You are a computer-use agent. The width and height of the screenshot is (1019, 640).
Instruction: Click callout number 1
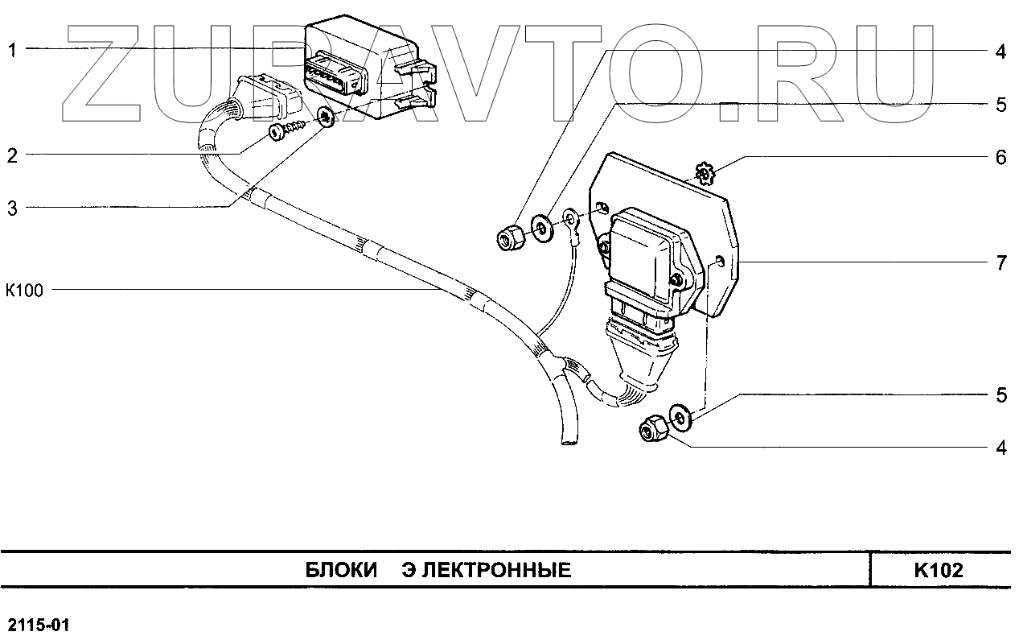point(13,50)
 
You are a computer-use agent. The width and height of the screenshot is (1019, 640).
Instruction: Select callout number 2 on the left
point(13,155)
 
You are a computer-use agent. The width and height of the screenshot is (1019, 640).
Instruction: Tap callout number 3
point(13,209)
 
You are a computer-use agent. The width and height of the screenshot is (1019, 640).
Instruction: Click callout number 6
point(1001,158)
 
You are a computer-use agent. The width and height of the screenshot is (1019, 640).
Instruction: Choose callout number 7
point(1001,263)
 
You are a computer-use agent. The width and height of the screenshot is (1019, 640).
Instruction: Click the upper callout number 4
point(1001,52)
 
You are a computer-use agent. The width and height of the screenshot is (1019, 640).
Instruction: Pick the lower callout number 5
point(1001,395)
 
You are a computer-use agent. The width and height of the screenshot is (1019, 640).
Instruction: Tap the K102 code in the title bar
point(938,571)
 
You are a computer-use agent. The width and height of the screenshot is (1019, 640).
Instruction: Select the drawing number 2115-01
point(39,625)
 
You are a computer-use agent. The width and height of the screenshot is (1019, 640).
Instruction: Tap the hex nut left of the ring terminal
point(509,237)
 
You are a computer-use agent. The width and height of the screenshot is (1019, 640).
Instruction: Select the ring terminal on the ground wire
point(571,220)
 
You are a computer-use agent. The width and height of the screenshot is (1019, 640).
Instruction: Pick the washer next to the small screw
point(327,118)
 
